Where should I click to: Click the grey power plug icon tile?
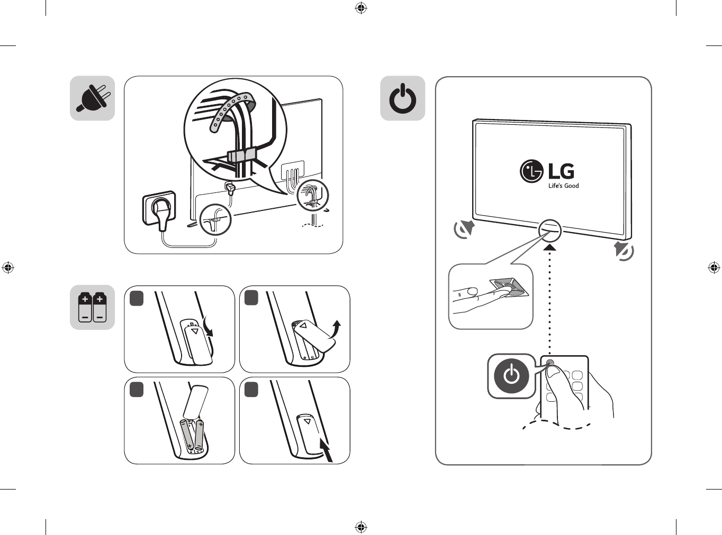pyautogui.click(x=92, y=98)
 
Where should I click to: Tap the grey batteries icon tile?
pyautogui.click(x=92, y=307)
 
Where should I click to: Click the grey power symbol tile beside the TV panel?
pyautogui.click(x=403, y=98)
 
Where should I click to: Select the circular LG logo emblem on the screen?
pyautogui.click(x=531, y=171)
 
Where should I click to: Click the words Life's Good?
pyautogui.click(x=564, y=186)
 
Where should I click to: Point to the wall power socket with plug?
pyautogui.click(x=159, y=209)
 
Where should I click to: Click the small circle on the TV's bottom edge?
pyautogui.click(x=550, y=230)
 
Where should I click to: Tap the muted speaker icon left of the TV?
pyautogui.click(x=464, y=229)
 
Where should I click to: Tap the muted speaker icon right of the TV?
pyautogui.click(x=624, y=251)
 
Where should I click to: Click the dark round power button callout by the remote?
pyautogui.click(x=511, y=376)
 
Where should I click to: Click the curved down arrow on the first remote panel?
pyautogui.click(x=207, y=327)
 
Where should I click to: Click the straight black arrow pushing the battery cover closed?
pyautogui.click(x=327, y=450)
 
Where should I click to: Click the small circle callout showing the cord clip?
pyautogui.click(x=215, y=219)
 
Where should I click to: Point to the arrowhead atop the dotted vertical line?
pyautogui.click(x=550, y=248)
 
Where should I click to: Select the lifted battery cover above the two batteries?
pyautogui.click(x=195, y=402)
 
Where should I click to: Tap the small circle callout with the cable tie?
pyautogui.click(x=313, y=196)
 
